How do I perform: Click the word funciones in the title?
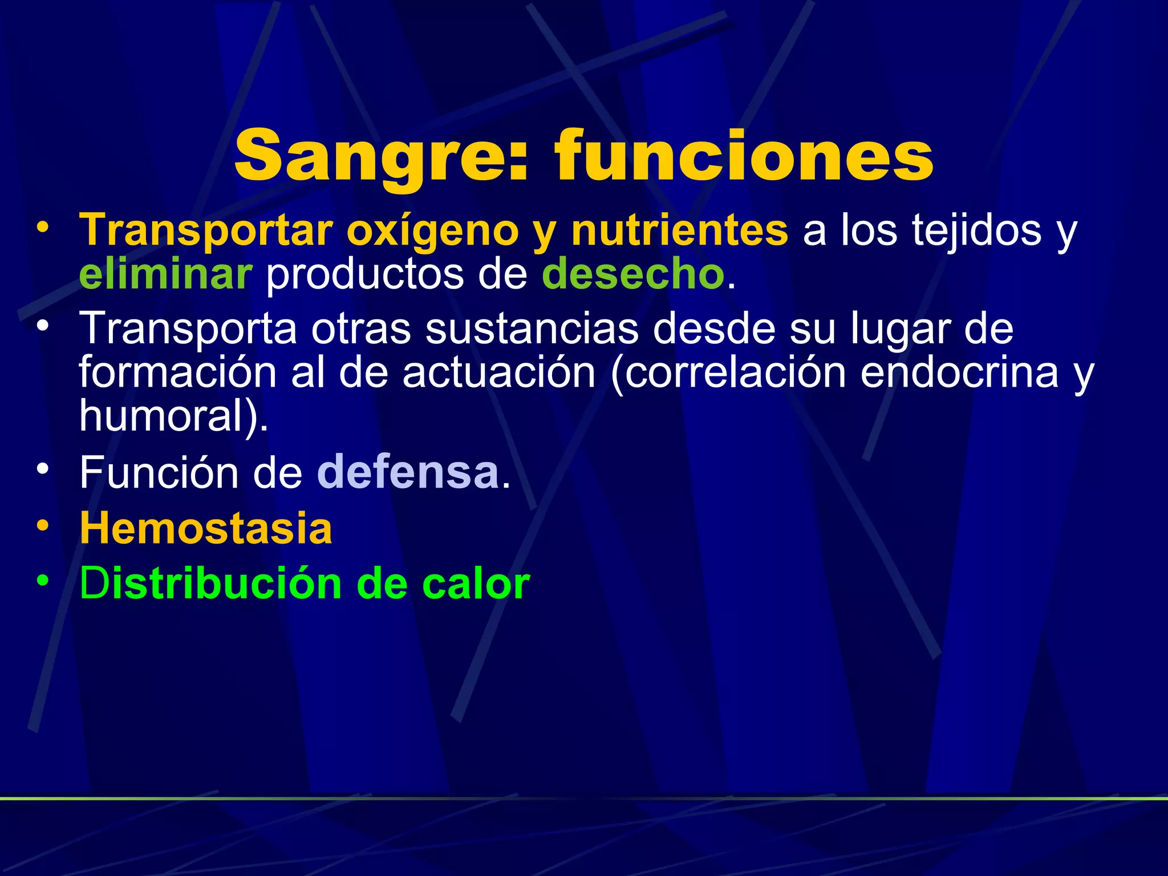click(744, 155)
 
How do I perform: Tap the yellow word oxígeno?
click(432, 230)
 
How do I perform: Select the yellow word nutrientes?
click(679, 230)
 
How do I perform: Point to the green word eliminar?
click(165, 274)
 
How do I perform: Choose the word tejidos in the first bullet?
click(976, 230)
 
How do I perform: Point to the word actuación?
click(498, 372)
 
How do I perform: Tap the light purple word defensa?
click(408, 473)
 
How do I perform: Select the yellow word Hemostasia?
click(206, 528)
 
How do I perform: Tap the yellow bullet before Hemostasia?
click(43, 526)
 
